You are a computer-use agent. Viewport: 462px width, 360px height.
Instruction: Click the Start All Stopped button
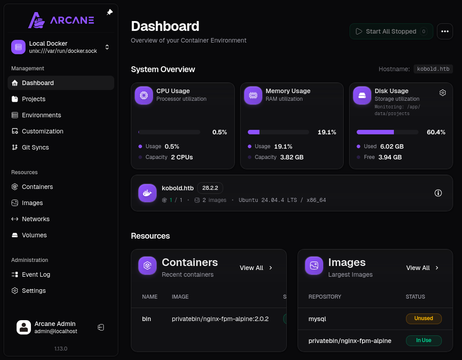[391, 31]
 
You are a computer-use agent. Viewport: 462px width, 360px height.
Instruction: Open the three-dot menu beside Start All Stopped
[445, 31]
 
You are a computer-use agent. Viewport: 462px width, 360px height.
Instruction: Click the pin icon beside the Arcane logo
[110, 12]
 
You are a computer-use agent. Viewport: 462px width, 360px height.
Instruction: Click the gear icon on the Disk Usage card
[443, 93]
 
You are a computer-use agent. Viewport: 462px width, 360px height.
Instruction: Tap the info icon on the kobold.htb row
[438, 193]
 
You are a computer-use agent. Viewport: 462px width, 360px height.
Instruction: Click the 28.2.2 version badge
[210, 188]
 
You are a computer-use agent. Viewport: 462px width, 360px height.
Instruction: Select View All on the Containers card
[256, 268]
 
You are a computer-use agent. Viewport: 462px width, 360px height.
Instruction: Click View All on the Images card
[423, 268]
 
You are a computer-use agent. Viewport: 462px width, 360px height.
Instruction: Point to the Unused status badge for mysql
[424, 318]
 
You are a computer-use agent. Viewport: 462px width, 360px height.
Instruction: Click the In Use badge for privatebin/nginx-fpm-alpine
[424, 341]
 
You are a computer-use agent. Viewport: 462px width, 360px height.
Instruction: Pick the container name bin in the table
[147, 319]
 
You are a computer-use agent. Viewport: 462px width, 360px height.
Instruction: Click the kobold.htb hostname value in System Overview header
[433, 69]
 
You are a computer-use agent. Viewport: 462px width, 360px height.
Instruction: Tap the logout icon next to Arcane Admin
[101, 327]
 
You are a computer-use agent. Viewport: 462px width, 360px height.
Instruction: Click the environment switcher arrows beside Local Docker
[107, 47]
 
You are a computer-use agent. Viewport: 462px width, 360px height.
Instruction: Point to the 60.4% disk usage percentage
[436, 132]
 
